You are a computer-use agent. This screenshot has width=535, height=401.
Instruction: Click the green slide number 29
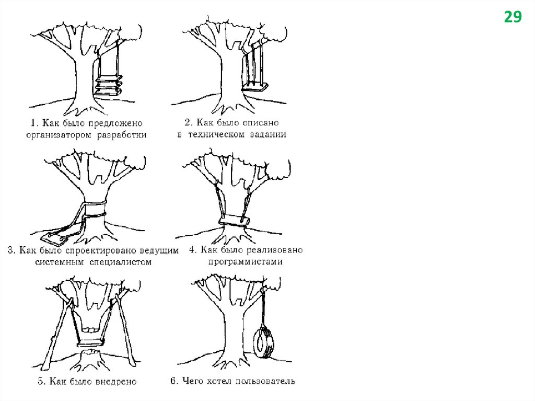click(513, 17)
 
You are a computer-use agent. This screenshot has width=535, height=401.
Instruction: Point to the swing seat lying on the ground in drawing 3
click(57, 238)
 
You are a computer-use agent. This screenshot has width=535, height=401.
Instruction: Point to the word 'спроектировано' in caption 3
click(104, 250)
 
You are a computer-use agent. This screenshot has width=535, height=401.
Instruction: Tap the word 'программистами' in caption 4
click(245, 262)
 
